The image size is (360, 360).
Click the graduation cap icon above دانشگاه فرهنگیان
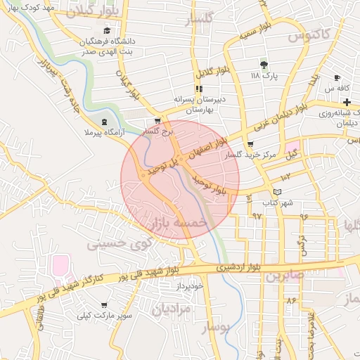pyautogui.click(x=107, y=30)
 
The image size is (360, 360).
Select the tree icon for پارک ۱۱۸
pyautogui.click(x=264, y=64)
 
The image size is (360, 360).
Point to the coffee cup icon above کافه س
pyautogui.click(x=337, y=77)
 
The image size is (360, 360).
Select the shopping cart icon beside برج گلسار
pyautogui.click(x=167, y=121)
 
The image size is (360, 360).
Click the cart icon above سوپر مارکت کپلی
pyautogui.click(x=105, y=305)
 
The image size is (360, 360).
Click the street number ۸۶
pyautogui.click(x=291, y=300)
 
